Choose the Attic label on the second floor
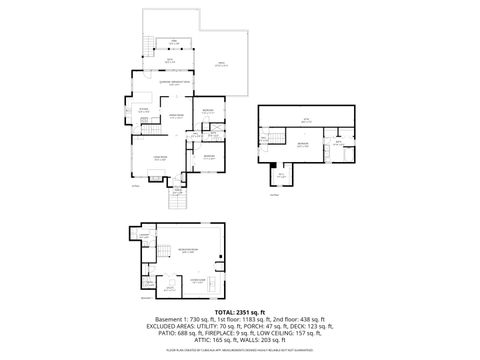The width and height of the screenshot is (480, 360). pyautogui.click(x=307, y=122)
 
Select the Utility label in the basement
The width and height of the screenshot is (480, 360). pyautogui.click(x=170, y=288)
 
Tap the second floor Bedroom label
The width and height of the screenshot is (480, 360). pyautogui.click(x=301, y=145)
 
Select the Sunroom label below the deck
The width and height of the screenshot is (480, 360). pyautogui.click(x=175, y=59)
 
